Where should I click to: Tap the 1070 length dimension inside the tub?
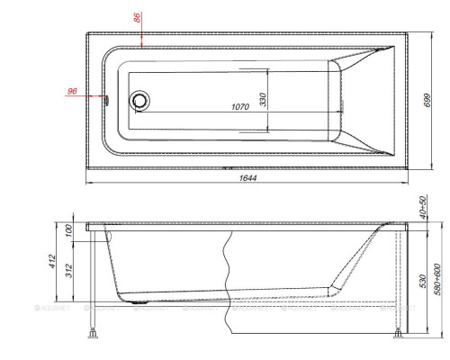pos(239,107)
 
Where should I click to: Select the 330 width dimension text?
pos(264,99)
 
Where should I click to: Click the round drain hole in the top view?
pos(139,101)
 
